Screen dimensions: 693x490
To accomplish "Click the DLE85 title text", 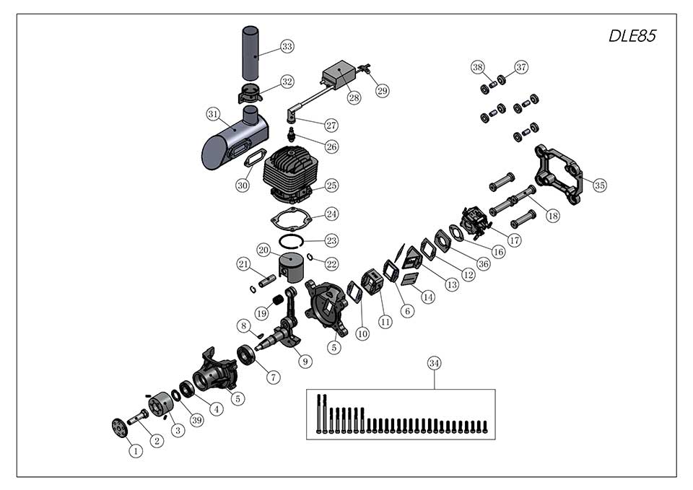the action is pos(632,36).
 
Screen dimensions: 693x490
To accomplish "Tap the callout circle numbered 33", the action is pos(287,46).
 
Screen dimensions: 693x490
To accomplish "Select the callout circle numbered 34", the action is pos(434,363).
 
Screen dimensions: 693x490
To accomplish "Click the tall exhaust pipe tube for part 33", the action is pos(250,53).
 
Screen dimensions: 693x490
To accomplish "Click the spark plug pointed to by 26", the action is pos(291,133).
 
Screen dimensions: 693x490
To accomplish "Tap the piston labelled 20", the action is pos(292,266).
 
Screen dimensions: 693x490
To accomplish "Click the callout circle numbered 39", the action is pos(197,420).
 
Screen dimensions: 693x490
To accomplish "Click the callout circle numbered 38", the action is pos(477,67).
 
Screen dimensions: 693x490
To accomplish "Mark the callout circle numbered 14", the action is pos(428,297).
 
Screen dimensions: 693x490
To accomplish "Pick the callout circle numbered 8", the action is pos(243,326).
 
